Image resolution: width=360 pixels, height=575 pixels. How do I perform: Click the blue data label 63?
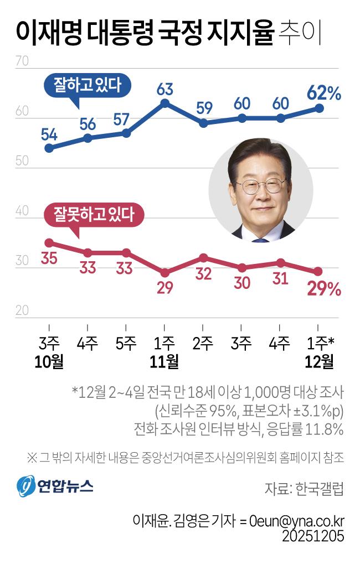165,89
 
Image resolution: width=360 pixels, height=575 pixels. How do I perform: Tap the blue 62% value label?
325,92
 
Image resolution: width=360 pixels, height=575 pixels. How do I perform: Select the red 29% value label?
325,288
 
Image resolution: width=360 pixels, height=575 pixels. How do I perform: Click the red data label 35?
49,258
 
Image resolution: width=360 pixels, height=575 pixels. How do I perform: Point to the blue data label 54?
49,133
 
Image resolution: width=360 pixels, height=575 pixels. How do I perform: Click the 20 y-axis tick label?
22,311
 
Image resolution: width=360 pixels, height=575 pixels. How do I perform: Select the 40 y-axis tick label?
22,211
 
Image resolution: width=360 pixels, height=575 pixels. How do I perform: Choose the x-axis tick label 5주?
126,343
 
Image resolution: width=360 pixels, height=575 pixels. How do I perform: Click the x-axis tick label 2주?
203,343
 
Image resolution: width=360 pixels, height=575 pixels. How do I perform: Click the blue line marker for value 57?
126,133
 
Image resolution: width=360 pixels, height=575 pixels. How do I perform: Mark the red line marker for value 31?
281,263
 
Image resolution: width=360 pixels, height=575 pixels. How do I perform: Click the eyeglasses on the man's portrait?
260,186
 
